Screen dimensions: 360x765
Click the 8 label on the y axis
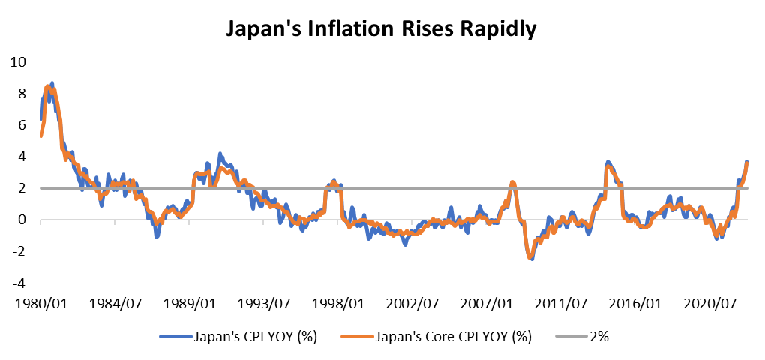22,93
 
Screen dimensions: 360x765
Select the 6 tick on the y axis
22,125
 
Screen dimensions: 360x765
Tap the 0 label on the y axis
22,220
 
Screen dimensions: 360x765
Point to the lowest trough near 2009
531,257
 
